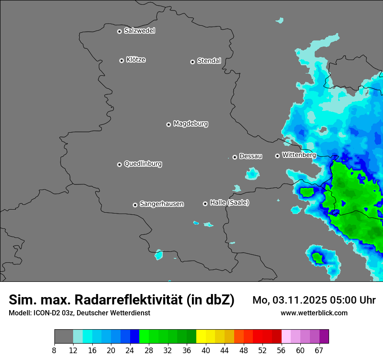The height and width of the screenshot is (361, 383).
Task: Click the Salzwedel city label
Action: point(139,31)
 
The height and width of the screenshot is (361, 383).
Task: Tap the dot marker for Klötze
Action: point(122,60)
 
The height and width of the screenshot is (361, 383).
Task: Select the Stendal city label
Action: point(209,61)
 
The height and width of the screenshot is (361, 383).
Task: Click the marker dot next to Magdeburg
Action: point(169,124)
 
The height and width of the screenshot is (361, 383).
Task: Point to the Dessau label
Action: point(251,157)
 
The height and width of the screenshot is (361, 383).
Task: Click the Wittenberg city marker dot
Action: point(277,156)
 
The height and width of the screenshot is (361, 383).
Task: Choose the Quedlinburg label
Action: point(143,164)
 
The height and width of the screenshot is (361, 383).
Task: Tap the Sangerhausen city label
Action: point(161,204)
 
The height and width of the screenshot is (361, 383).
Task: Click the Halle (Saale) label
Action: point(229,203)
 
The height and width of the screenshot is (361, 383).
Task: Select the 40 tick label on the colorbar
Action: point(206,351)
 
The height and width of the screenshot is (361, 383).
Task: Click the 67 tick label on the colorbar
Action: point(319,351)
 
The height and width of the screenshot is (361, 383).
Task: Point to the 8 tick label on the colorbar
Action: point(54,351)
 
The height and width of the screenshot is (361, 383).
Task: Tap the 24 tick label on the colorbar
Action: point(130,351)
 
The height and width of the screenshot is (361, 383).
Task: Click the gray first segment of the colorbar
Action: point(64,337)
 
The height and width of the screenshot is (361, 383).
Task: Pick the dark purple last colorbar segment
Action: point(324,337)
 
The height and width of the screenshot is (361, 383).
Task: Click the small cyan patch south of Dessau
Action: point(252,174)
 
